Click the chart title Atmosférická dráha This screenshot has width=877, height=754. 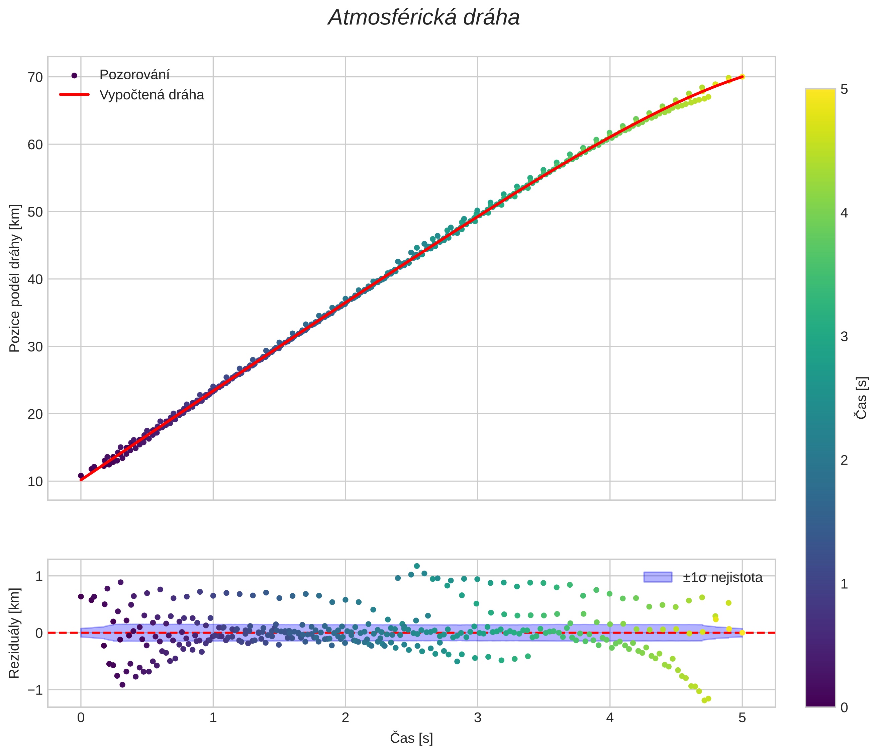[x=424, y=18]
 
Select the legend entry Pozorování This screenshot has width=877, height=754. [x=134, y=75]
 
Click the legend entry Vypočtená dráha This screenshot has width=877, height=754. [x=152, y=95]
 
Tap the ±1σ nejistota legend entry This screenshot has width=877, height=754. [x=722, y=577]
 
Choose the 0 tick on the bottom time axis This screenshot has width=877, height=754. [x=81, y=718]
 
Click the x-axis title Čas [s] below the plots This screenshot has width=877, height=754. [x=411, y=738]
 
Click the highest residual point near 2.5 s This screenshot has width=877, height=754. [x=416, y=566]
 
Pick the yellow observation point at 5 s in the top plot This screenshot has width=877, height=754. [x=742, y=77]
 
